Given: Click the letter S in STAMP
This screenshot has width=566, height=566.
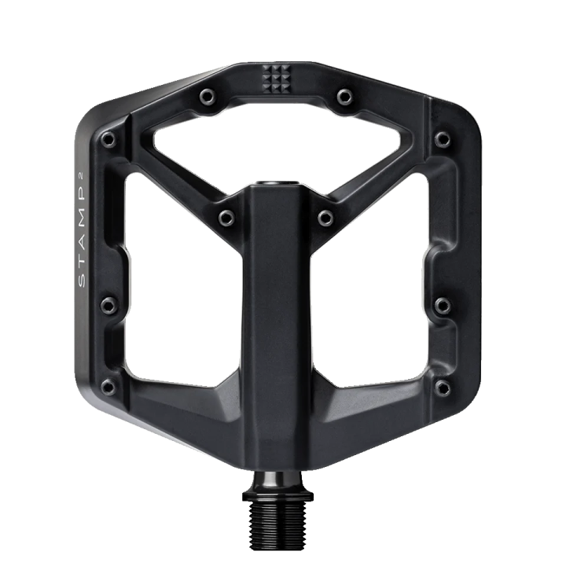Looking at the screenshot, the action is pos(82,281).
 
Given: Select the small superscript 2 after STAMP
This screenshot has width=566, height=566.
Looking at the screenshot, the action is pos(81,176).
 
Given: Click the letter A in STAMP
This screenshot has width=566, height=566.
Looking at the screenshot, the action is pos(82,241).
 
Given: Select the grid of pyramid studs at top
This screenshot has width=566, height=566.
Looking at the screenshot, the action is pos(276,79).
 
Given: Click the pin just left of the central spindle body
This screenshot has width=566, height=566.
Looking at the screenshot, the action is pos(226,218).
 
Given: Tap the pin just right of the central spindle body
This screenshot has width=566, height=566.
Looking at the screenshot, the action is pos(325,218).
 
